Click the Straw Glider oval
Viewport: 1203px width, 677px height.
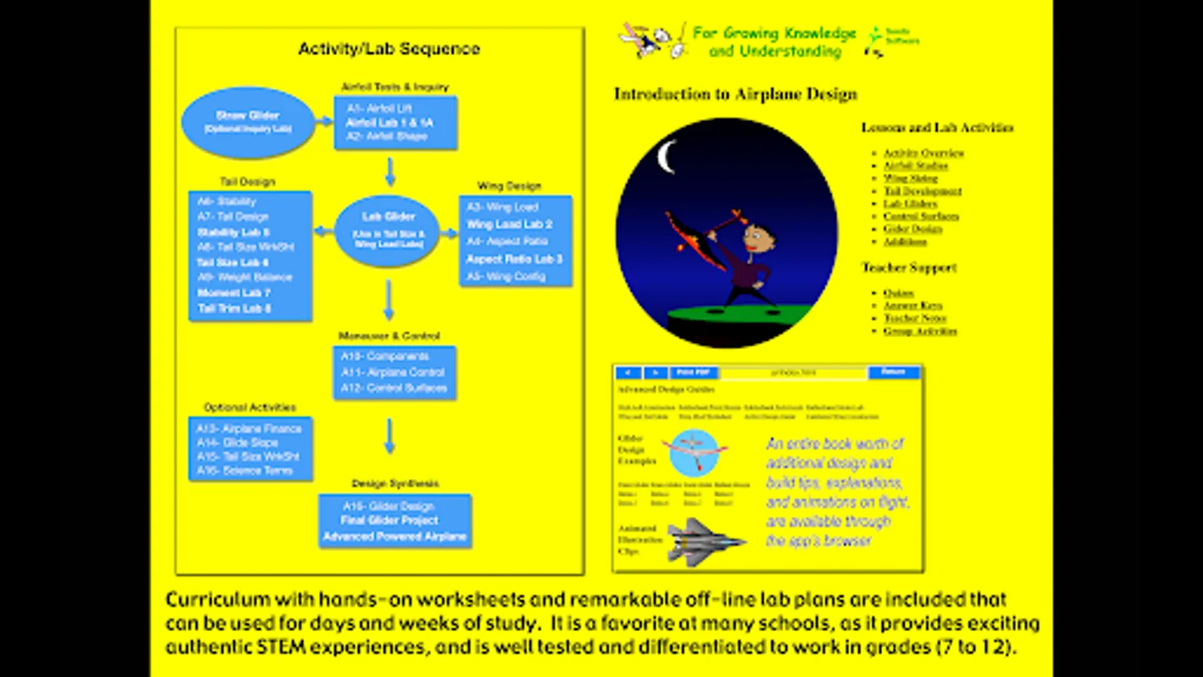tap(247, 123)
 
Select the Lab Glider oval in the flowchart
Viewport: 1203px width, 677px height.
tap(388, 231)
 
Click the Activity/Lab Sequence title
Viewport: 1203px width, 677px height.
tap(389, 49)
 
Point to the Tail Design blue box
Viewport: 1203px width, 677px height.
tap(250, 256)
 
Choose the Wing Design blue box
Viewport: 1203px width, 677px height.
tap(515, 241)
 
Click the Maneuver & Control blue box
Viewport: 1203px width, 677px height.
tap(394, 372)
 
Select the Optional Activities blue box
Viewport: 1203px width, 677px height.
tap(250, 449)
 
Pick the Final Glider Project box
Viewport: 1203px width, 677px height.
tap(395, 521)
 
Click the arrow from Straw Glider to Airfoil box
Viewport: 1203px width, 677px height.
tap(324, 121)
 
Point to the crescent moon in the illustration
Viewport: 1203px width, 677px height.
tap(665, 158)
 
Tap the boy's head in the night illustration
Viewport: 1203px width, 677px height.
tap(755, 238)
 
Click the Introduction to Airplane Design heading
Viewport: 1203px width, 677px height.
tap(735, 94)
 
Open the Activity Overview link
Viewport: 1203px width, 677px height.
tap(923, 153)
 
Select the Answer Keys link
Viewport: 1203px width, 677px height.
tap(913, 305)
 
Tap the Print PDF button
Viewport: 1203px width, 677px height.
tap(692, 372)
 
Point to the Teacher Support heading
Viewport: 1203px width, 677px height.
tap(909, 268)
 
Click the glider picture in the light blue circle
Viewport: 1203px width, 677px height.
tap(694, 452)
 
